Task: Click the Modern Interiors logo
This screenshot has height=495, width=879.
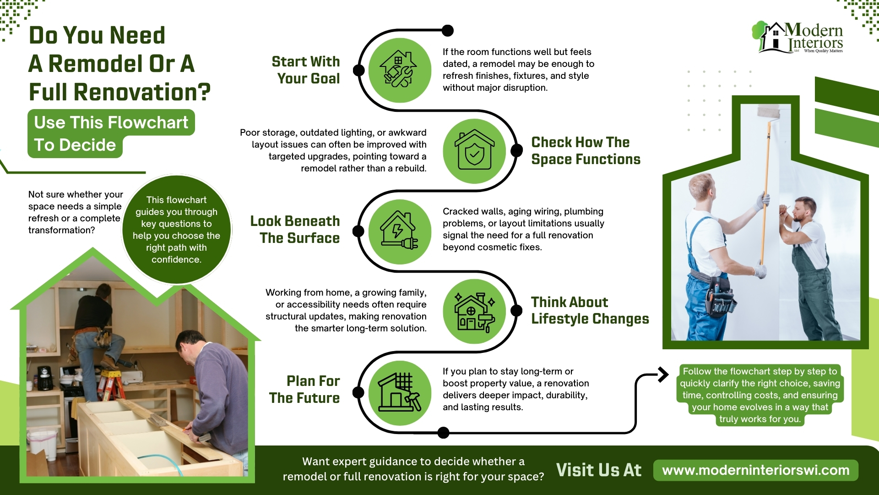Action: (x=799, y=38)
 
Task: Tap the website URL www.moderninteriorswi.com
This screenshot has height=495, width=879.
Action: (x=755, y=470)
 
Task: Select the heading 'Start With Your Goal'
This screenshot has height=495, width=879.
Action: (x=306, y=70)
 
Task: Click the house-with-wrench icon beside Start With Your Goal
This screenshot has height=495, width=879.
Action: (x=399, y=70)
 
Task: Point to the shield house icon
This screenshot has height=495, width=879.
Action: (x=474, y=151)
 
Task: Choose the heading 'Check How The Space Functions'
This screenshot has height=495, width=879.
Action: (x=586, y=151)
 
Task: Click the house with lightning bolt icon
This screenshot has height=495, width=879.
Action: (x=399, y=231)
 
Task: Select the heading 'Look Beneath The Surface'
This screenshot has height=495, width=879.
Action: (x=295, y=230)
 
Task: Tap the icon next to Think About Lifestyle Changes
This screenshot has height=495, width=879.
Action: (x=474, y=311)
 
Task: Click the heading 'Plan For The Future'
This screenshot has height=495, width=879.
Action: (x=304, y=390)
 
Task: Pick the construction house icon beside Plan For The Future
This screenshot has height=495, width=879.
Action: (x=399, y=392)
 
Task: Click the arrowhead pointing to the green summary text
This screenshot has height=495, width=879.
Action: (x=662, y=374)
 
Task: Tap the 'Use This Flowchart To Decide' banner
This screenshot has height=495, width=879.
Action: (x=111, y=133)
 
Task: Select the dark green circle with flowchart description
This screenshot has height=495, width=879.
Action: (x=177, y=229)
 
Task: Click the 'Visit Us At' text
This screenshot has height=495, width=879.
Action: (x=598, y=470)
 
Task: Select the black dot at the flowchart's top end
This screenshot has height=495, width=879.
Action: (x=447, y=31)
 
